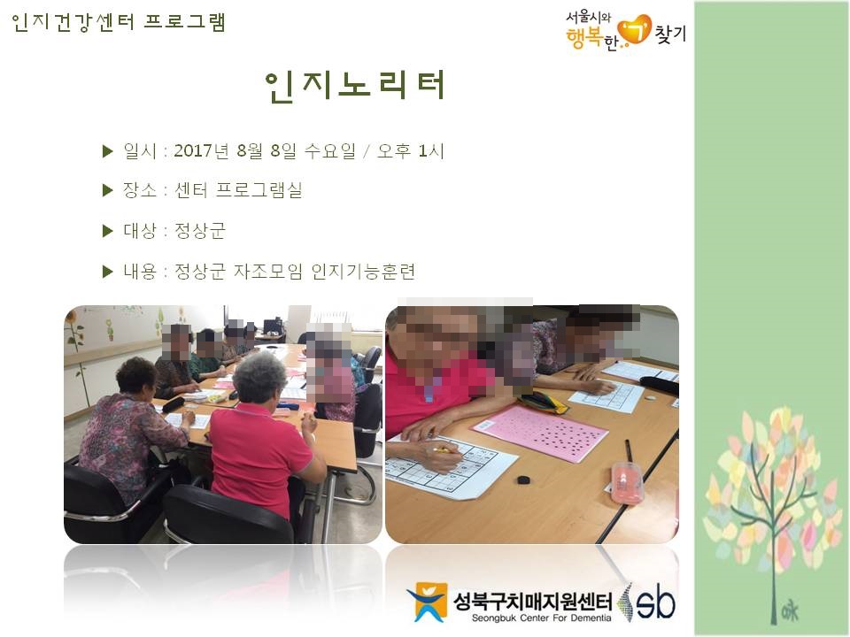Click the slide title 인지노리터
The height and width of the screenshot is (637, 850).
coord(355,85)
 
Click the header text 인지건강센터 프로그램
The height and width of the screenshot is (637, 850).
coord(119,22)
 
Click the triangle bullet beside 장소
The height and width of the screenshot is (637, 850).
coord(108,191)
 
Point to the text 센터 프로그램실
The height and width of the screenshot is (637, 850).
coord(238,191)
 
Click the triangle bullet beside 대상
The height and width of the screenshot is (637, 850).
coord(108,232)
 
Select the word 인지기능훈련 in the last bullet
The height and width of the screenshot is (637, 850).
coord(364,272)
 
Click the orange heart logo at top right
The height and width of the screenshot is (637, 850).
coord(635,29)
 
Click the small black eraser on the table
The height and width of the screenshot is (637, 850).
coord(523,480)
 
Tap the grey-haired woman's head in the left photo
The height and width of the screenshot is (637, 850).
coord(259,376)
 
